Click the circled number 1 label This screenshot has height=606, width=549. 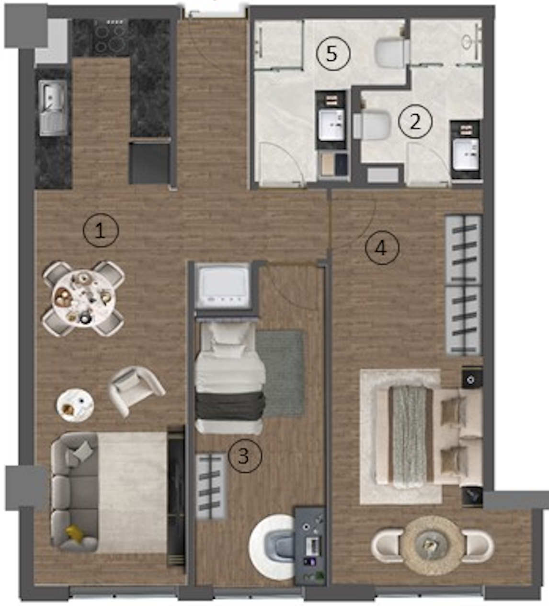pos(101,231)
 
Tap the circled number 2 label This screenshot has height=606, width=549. pos(415,122)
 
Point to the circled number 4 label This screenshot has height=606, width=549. pos(382,248)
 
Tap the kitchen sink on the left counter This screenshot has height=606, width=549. pos(54,108)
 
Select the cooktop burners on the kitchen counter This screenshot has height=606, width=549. pos(111,37)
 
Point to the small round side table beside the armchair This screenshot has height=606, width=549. pos(75,405)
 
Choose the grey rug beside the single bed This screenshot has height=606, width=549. pos(280,373)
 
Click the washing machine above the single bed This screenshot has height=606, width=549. pos(223,286)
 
